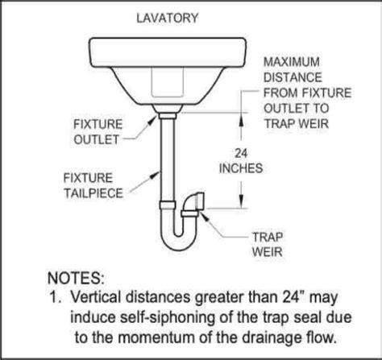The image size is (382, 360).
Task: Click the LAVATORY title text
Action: [x=168, y=19]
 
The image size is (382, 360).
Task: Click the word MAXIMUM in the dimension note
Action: [x=292, y=62]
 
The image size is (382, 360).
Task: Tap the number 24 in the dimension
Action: [x=241, y=153]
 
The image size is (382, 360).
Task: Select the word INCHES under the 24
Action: [x=241, y=168]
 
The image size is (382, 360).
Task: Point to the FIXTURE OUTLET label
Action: [x=98, y=132]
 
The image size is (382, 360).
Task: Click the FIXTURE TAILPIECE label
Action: [x=93, y=185]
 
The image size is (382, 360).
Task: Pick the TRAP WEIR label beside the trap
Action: [x=268, y=245]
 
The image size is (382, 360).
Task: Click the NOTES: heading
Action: [x=76, y=278]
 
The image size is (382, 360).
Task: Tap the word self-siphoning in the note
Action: [x=167, y=318]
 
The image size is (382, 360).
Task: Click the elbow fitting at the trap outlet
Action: [x=194, y=203]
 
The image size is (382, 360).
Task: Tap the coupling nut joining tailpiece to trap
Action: [x=168, y=205]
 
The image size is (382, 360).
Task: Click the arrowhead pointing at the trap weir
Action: [x=203, y=215]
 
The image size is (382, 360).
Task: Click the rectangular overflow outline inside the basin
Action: [x=168, y=82]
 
